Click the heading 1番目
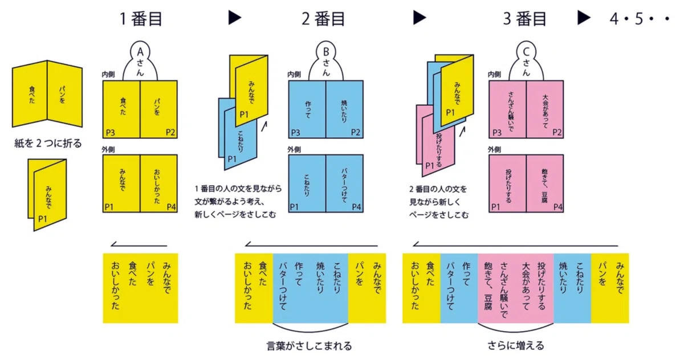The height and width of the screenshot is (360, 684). (x=141, y=19)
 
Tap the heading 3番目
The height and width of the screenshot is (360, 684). (x=524, y=19)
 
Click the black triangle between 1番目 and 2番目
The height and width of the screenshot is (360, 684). (x=234, y=18)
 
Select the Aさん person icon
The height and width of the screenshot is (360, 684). (x=140, y=61)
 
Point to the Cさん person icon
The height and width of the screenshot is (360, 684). (x=526, y=61)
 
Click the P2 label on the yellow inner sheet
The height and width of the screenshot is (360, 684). (x=170, y=132)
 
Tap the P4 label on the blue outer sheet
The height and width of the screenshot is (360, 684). (x=356, y=207)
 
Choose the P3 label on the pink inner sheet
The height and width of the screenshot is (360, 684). (x=497, y=133)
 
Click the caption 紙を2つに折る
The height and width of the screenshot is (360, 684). (x=48, y=143)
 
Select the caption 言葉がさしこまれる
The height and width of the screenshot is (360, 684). (x=309, y=346)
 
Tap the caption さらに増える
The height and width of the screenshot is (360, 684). (x=516, y=346)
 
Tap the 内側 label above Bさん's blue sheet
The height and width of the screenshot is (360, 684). (x=294, y=75)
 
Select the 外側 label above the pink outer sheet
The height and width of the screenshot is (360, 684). (x=494, y=149)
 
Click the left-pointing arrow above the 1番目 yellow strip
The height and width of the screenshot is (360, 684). (x=139, y=245)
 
